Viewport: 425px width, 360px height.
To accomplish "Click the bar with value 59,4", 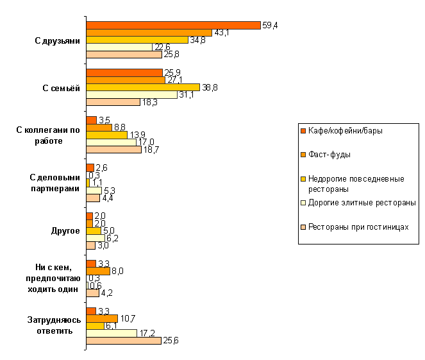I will pos(173,25).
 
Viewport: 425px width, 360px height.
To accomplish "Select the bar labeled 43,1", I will pos(149,32).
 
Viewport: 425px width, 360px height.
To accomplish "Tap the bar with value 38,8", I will pos(143,87).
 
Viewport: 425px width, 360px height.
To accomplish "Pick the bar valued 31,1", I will pos(131,94).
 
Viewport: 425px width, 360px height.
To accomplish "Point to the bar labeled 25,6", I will pos(124,341).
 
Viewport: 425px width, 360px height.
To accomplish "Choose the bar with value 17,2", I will pos(112,333).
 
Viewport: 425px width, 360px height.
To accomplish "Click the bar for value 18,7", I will pos(113,150).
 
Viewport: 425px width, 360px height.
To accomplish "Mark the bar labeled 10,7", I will pos(102,318).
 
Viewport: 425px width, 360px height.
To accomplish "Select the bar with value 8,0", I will pos(98,271).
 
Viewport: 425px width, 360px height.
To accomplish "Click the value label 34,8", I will pos(198,40).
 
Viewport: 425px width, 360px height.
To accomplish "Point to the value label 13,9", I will pos(137,135).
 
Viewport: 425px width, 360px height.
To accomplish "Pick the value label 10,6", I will pos(94,286).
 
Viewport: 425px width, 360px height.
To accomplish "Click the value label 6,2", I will pos(113,238).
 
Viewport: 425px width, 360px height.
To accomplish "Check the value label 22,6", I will pos(162,47).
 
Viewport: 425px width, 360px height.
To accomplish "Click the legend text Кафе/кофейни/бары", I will pos(346,131).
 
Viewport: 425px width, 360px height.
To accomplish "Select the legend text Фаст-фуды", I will pos(329,154).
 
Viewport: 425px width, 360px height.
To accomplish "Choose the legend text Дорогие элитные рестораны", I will pos(362,203).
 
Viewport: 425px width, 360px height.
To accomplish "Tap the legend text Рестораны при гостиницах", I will pos(358,227).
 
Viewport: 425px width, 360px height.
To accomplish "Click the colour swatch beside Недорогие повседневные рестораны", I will pos(303,178).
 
